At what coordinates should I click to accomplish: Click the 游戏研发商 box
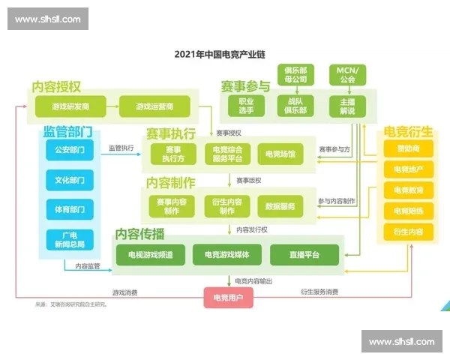click(71, 106)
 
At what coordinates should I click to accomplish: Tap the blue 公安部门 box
click(70, 149)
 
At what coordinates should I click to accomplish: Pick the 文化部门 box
click(70, 180)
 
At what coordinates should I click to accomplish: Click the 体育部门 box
click(70, 209)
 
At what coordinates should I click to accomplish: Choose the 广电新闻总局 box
click(70, 239)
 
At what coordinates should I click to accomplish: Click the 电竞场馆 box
click(280, 154)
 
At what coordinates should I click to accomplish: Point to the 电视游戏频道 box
click(150, 255)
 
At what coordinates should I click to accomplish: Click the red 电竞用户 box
click(228, 298)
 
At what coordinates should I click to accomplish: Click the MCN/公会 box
click(347, 75)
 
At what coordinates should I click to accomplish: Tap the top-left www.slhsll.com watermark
click(48, 19)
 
